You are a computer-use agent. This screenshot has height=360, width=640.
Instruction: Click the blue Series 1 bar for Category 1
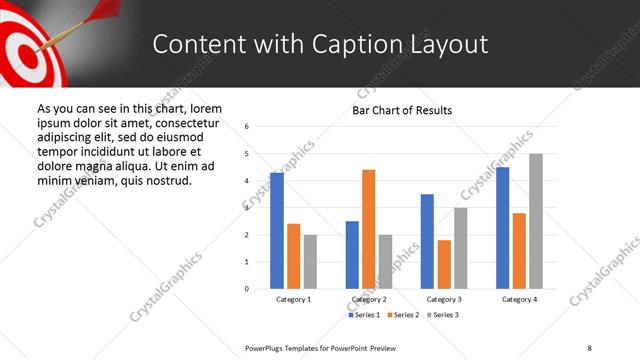pyautogui.click(x=277, y=231)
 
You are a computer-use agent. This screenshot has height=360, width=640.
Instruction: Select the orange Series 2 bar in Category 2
pyautogui.click(x=368, y=229)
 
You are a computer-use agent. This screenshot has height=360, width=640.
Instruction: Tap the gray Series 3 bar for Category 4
pyautogui.click(x=536, y=221)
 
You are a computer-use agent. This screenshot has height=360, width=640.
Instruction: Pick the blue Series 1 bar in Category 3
pyautogui.click(x=427, y=241)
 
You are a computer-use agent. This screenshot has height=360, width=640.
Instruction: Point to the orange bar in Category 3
pyautogui.click(x=444, y=264)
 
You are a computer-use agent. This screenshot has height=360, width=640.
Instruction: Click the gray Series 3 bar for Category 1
pyautogui.click(x=310, y=262)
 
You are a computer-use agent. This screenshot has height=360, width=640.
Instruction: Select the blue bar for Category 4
pyautogui.click(x=503, y=228)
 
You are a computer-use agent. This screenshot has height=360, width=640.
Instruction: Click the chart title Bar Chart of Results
pyautogui.click(x=402, y=110)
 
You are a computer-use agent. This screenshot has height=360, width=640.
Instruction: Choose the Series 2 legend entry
pyautogui.click(x=402, y=315)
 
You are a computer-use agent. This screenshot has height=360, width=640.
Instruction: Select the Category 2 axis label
pyautogui.click(x=368, y=300)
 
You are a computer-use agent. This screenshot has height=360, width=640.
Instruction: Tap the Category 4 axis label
pyautogui.click(x=519, y=300)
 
